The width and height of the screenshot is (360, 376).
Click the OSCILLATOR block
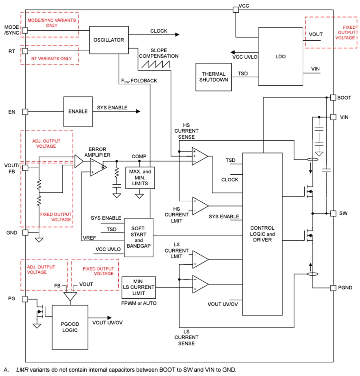(109, 40)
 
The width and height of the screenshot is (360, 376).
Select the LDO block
(280, 57)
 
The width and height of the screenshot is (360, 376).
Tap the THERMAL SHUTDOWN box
(213, 77)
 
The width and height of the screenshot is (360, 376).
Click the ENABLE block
(78, 111)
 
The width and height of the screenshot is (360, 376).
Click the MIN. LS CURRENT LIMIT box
(138, 287)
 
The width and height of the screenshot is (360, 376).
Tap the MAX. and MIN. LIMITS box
(139, 178)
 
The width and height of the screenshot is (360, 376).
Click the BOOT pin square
(333, 98)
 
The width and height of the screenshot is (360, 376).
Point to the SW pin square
(333, 213)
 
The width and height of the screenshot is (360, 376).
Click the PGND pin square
(333, 288)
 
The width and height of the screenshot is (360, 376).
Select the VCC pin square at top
(236, 10)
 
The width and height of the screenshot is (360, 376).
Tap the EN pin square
(25, 111)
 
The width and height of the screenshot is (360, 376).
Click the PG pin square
(25, 299)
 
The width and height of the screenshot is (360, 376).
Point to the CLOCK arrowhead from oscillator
(177, 35)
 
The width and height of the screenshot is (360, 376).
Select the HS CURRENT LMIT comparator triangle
(200, 206)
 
